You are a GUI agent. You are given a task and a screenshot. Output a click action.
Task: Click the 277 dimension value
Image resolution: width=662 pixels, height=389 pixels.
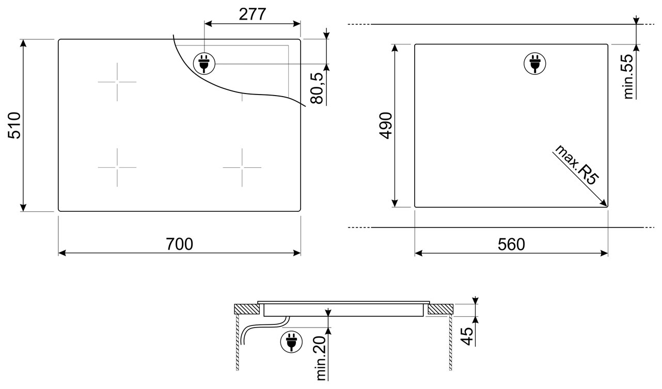tap(253, 14)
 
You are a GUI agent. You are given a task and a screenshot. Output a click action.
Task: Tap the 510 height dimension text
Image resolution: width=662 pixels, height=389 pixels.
tap(14, 126)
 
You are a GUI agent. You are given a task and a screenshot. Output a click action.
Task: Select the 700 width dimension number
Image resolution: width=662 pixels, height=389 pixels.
tap(179, 244)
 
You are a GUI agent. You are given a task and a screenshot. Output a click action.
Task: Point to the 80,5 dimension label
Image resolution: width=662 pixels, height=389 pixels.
tap(317, 88)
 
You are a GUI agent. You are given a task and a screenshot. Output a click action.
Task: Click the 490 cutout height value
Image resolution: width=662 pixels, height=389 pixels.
tap(385, 126)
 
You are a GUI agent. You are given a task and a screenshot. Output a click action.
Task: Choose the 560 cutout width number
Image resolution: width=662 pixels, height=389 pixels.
tap(511, 244)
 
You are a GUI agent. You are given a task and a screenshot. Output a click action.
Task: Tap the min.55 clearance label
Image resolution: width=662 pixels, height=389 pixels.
tap(628, 76)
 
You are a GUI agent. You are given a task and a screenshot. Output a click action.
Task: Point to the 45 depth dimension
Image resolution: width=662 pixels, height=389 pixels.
tap(467, 336)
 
